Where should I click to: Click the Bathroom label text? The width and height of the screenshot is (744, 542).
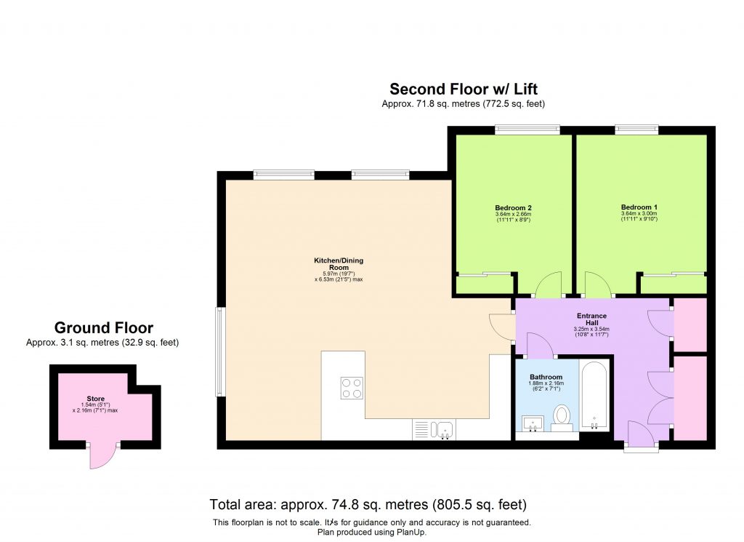[546, 377]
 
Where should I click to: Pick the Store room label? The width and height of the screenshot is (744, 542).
[96, 399]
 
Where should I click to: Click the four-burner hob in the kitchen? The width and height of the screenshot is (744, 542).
[352, 388]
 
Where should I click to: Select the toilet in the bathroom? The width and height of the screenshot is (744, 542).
[562, 416]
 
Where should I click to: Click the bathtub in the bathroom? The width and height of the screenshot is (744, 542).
[595, 396]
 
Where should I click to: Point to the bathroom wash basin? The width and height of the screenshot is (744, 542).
[533, 423]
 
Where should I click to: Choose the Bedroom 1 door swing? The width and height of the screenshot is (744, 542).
[597, 285]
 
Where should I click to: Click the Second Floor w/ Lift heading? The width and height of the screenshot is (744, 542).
[464, 89]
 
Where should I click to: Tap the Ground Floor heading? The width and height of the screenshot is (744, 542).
[104, 327]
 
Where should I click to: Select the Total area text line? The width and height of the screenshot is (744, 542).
[368, 504]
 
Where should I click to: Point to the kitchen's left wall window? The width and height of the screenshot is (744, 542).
[219, 352]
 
